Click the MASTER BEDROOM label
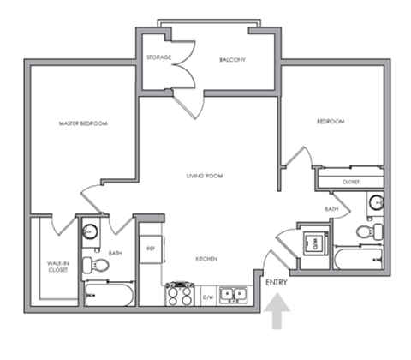(83, 124)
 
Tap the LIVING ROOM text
(205, 176)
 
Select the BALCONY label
(233, 59)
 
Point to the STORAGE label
(159, 57)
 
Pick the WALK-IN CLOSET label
(57, 267)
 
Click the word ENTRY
(276, 282)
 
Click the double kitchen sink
(233, 295)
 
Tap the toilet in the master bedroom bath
(94, 264)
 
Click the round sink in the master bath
(91, 232)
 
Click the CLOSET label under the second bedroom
(351, 182)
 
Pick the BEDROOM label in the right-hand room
(331, 122)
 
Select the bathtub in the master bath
(109, 296)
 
